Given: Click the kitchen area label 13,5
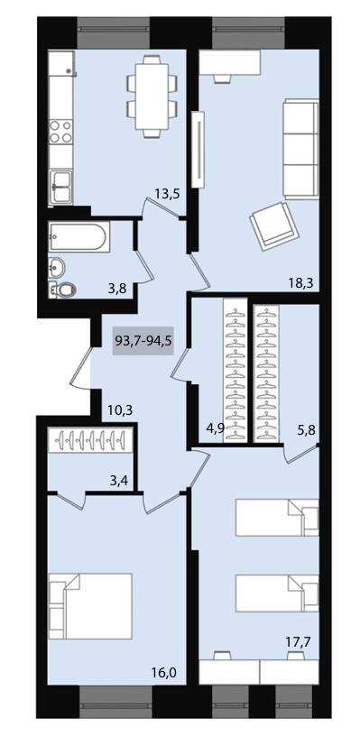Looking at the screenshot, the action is tap(168, 193).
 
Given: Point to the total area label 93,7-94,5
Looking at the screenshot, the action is tap(143, 340).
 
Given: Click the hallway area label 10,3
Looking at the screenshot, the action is tap(120, 410).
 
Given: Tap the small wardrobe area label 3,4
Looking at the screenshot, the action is tap(120, 480).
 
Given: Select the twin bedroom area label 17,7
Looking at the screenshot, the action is tap(300, 640).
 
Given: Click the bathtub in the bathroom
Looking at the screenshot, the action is tap(78, 236).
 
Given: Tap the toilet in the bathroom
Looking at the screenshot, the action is tap(63, 290).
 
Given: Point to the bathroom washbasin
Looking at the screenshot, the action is tap(57, 268).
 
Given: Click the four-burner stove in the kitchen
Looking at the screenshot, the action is tap(61, 131).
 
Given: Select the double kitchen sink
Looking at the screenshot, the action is tap(61, 187).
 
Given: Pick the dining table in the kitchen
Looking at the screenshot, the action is tap(152, 96).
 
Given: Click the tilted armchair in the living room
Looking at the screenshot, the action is tap(274, 225).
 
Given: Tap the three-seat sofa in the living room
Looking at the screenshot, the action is tap(300, 148).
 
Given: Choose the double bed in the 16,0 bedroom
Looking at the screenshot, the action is tap(90, 605).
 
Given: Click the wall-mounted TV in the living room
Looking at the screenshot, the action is tap(199, 149).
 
